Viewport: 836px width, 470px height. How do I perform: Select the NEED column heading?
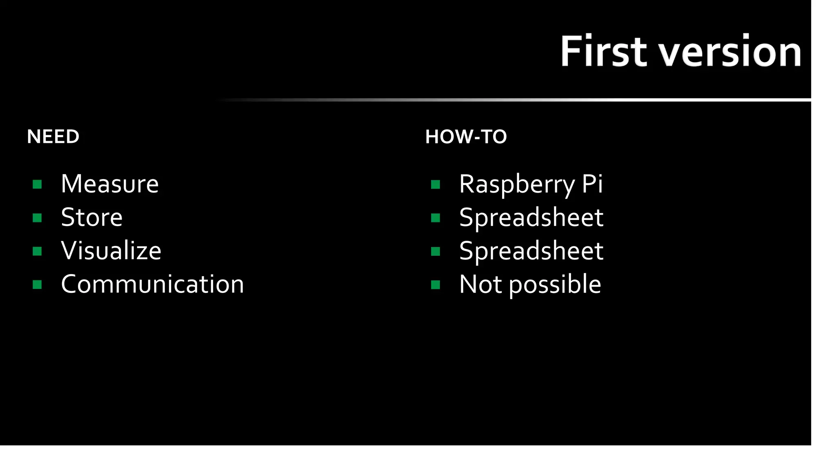[53, 137]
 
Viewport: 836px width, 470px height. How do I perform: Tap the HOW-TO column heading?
[466, 137]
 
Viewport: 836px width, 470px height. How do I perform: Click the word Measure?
[109, 184]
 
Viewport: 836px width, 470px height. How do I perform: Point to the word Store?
[91, 217]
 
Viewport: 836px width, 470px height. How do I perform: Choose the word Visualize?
[111, 251]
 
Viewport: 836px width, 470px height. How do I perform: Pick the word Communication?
[152, 284]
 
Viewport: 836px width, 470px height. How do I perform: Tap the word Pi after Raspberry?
[592, 184]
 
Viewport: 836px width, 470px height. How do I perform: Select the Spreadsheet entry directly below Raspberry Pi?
[531, 217]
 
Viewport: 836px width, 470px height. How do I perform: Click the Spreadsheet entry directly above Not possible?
[531, 251]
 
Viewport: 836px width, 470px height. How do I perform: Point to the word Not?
[480, 284]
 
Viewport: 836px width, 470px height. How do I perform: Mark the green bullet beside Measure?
[37, 184]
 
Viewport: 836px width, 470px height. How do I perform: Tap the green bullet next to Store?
[37, 218]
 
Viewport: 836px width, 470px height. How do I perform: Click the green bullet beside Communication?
[37, 284]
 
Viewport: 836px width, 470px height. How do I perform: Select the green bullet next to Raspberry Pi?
[436, 184]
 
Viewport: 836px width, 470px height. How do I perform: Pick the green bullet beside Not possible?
[436, 284]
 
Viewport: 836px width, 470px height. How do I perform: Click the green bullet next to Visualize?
[37, 251]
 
